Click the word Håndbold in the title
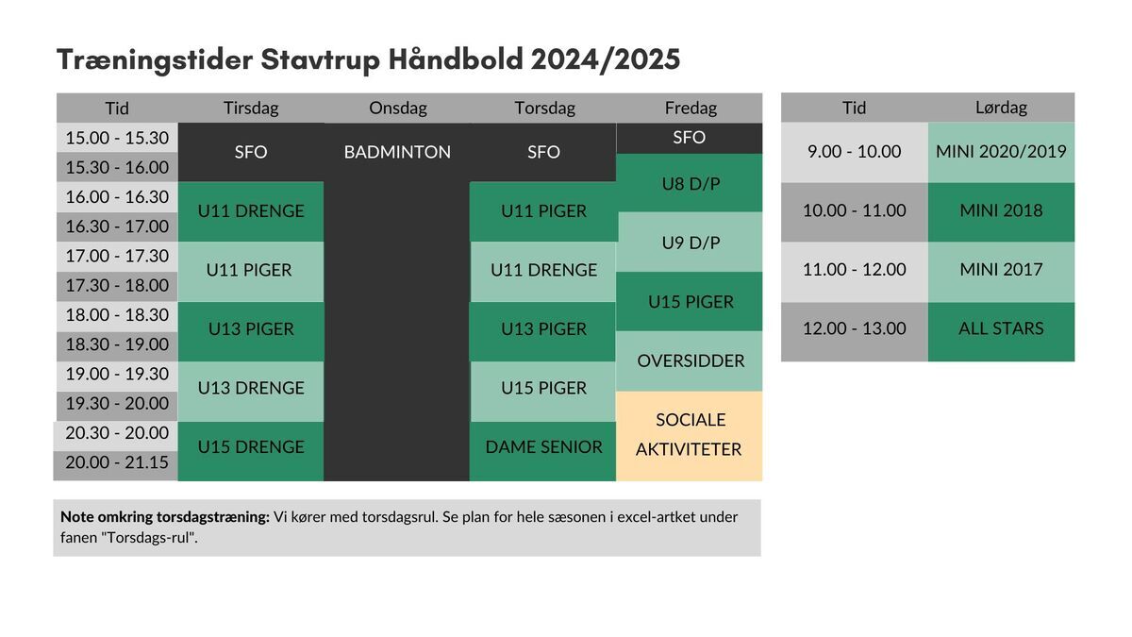point(456,59)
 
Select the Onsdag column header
point(398,108)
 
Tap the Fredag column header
point(691,108)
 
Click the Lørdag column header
point(1001,108)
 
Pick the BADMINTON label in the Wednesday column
point(397,152)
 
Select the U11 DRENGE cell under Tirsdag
point(251,211)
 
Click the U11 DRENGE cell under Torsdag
point(543,271)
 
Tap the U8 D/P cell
point(691,183)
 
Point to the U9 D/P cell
point(691,243)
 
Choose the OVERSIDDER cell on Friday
point(691,360)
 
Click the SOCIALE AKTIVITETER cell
point(690,436)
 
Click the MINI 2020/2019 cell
point(1001,152)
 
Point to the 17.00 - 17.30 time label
point(117,257)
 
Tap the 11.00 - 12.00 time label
point(854,270)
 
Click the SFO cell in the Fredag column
point(690,138)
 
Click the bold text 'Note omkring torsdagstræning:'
point(165,517)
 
